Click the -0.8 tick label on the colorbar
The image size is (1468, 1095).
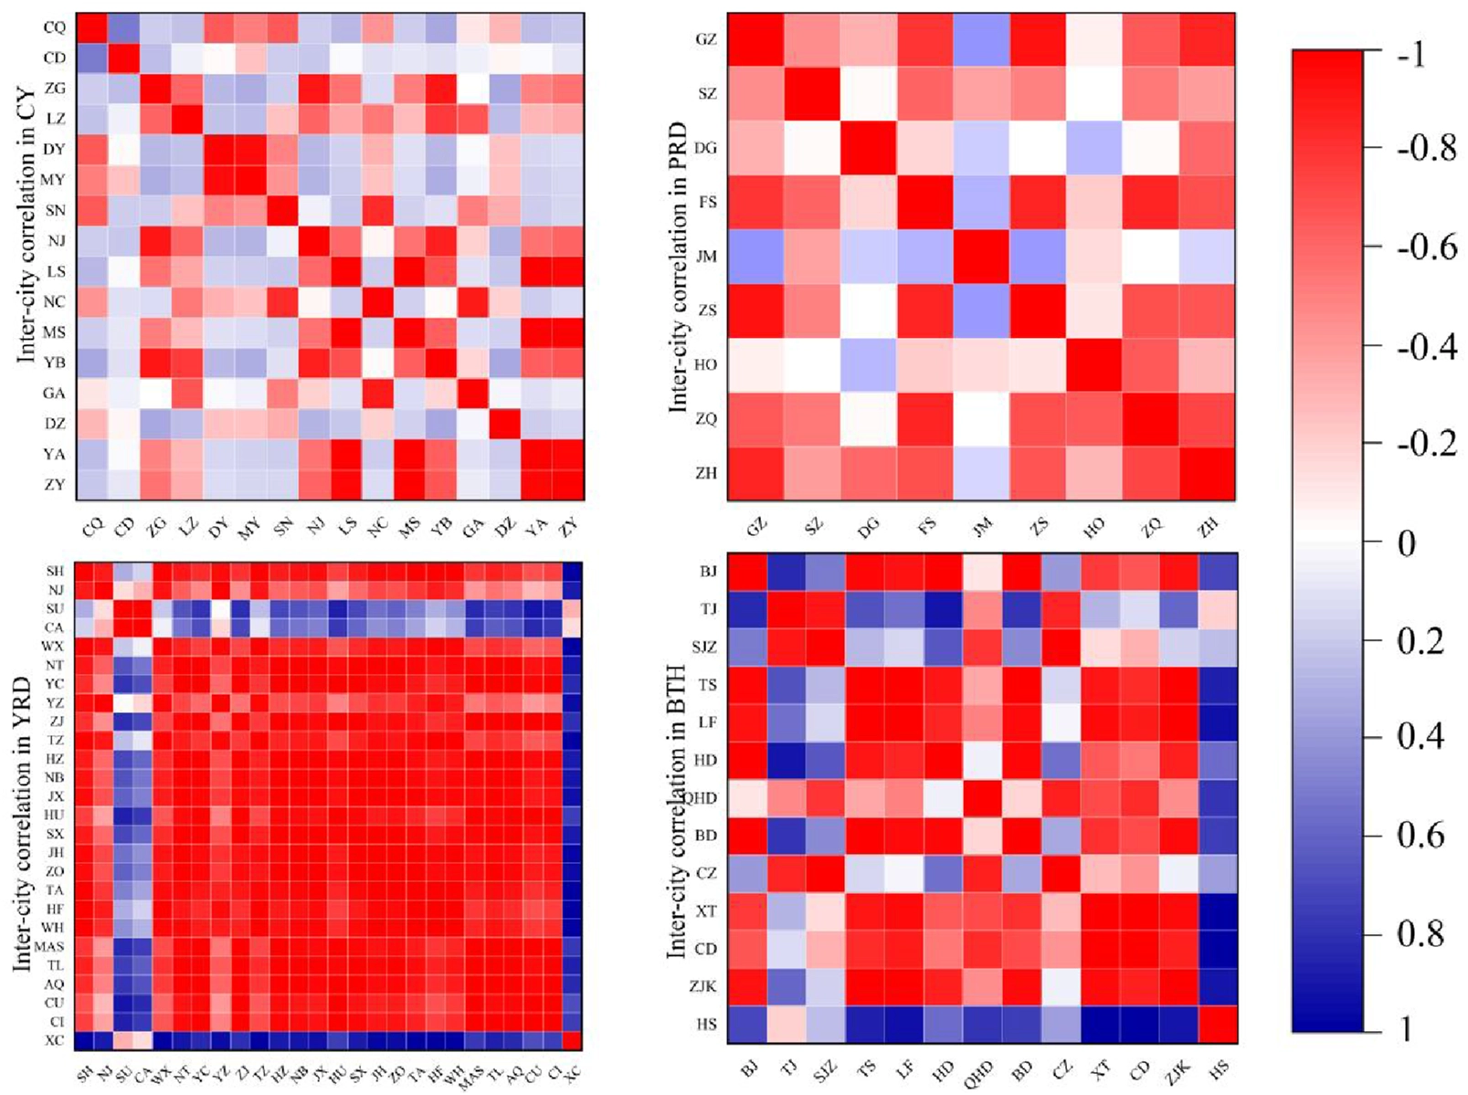point(1426,149)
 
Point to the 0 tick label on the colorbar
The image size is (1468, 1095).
point(1407,543)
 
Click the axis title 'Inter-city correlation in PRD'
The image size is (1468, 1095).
point(679,267)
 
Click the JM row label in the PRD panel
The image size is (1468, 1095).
point(706,257)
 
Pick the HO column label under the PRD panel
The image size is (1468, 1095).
point(1093,526)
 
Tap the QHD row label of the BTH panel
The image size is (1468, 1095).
point(700,797)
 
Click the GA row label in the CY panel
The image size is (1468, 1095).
point(54,393)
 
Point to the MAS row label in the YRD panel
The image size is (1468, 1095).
point(49,946)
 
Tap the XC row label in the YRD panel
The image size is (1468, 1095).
point(54,1040)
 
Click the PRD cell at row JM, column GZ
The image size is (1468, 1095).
point(755,257)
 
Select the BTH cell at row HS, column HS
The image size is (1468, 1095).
point(1218,1024)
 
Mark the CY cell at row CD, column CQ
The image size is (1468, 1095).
point(90,58)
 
